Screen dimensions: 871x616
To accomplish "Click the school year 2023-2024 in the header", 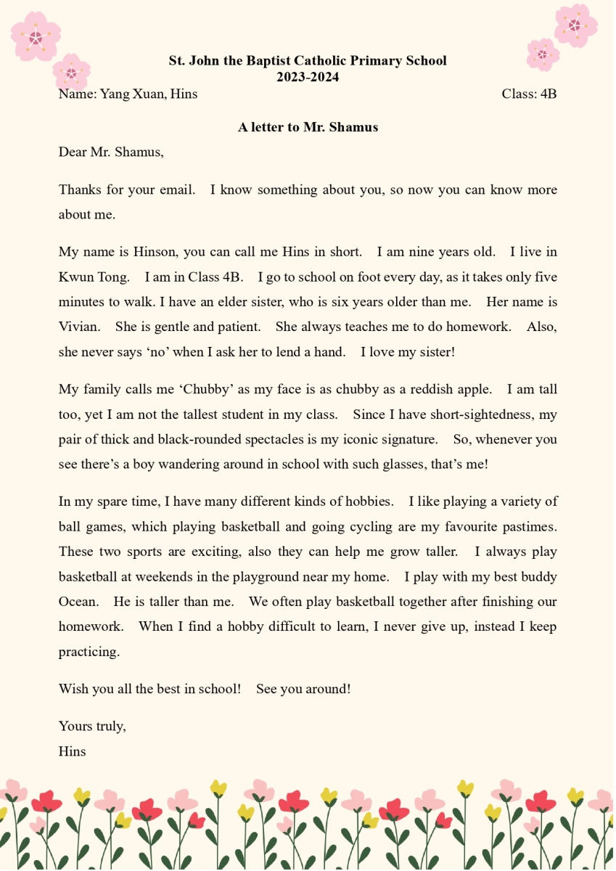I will click(x=308, y=77).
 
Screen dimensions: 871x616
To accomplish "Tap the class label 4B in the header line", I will click(x=548, y=94).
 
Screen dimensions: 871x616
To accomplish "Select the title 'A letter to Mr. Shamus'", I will click(x=308, y=127).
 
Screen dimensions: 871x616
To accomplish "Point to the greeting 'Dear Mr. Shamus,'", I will click(x=111, y=152).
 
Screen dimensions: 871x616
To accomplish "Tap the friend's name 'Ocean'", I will click(x=78, y=601).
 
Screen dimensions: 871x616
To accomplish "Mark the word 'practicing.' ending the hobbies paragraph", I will click(x=89, y=651).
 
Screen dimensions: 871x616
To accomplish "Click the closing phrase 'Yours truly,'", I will click(x=92, y=726).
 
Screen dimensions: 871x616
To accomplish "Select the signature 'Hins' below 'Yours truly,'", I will click(x=72, y=751).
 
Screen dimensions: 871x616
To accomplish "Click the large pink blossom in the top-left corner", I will click(x=36, y=36).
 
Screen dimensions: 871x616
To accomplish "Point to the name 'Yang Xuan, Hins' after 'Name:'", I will click(x=148, y=94).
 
